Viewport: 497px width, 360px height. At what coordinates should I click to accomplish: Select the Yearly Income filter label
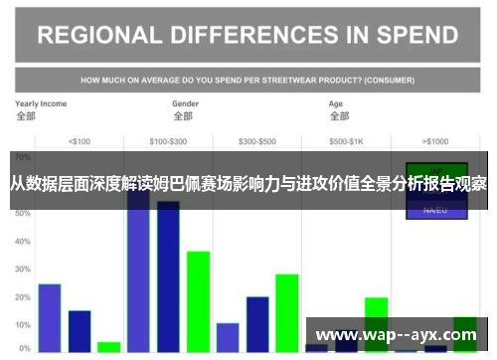pos(41,103)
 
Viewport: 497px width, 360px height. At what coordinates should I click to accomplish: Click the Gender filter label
pos(186,103)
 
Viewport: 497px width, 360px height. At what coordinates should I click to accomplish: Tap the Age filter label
pos(336,103)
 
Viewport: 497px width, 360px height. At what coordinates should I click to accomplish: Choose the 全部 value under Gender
pos(183,116)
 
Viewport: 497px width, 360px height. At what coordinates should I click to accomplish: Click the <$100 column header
pos(79,140)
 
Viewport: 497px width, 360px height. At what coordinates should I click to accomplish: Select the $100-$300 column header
pos(168,140)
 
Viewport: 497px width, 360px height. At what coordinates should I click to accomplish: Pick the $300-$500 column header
pos(257,140)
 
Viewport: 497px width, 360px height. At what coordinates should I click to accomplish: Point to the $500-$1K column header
pos(347,140)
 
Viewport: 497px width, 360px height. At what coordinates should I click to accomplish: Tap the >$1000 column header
pos(435,140)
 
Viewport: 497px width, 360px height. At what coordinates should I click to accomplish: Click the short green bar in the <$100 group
pos(108,347)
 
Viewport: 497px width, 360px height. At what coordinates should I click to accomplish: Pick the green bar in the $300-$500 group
pos(287,312)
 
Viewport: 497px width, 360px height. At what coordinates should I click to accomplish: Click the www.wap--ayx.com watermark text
pos(395,335)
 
